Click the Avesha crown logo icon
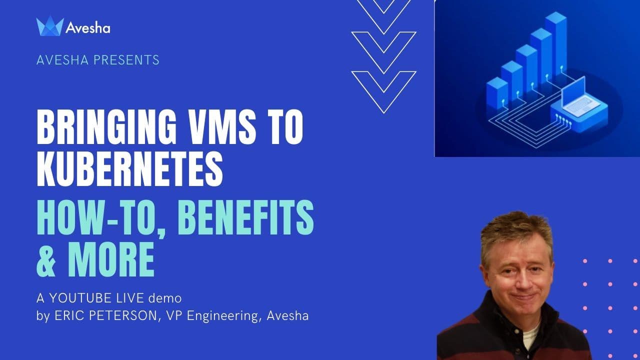[x=50, y=26]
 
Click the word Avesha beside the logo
[x=87, y=28]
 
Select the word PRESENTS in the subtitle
[x=126, y=60]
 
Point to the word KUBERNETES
[x=129, y=168]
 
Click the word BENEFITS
[x=246, y=217]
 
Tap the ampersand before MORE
[x=45, y=259]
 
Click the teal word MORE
[x=111, y=259]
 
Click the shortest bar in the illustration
[x=497, y=93]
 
